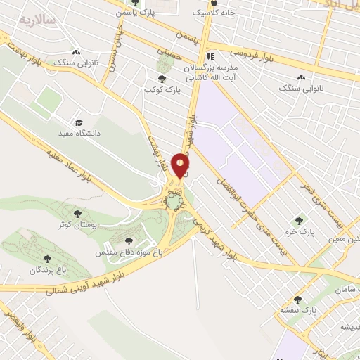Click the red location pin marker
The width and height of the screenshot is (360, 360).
(x=181, y=165)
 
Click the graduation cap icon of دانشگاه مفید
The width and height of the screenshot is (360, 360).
(x=78, y=122)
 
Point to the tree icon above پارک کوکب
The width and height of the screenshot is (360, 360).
(x=163, y=79)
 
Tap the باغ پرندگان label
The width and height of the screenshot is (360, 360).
(x=48, y=270)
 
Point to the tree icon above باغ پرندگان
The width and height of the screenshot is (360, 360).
(x=49, y=259)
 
